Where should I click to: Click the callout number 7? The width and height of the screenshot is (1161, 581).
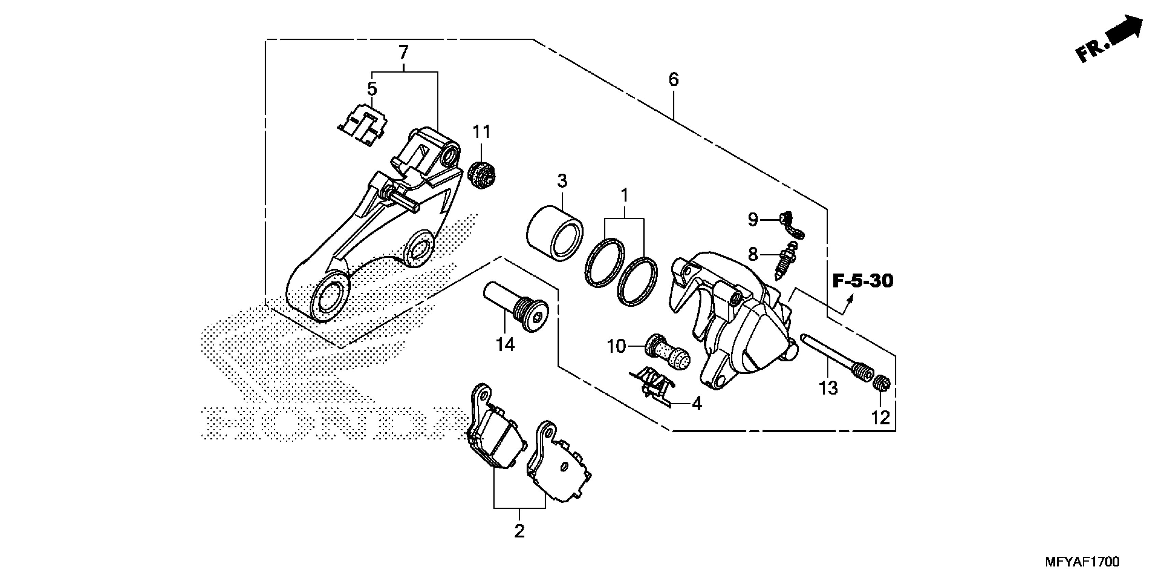[403, 53]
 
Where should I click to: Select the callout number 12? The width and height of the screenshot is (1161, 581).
[880, 418]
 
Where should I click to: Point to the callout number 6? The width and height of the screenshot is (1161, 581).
[673, 80]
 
